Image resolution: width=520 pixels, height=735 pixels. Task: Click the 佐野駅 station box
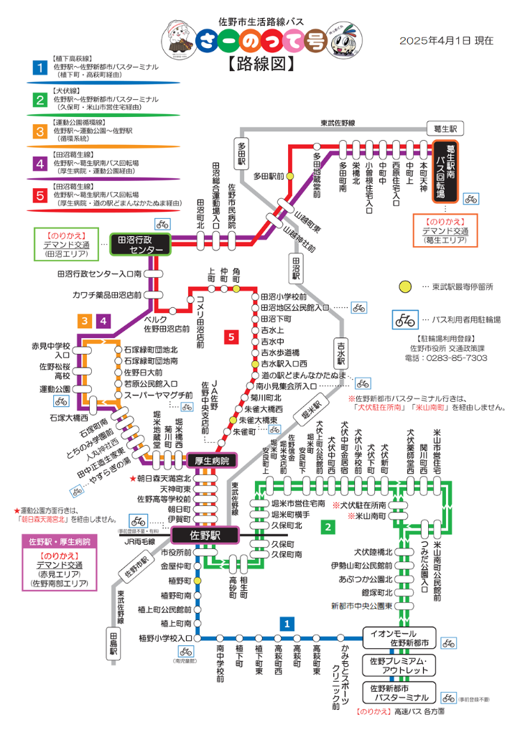(204, 535)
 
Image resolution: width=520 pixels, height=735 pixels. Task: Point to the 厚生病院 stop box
(211, 461)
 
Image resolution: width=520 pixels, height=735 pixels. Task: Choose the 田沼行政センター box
(140, 245)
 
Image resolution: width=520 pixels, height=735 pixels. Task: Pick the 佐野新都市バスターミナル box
(399, 693)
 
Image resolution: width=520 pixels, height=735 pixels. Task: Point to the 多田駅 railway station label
(241, 152)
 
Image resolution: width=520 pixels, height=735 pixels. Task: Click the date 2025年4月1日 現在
(446, 41)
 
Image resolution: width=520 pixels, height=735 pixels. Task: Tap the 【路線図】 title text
(261, 64)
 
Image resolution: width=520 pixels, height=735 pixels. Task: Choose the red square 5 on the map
(231, 336)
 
